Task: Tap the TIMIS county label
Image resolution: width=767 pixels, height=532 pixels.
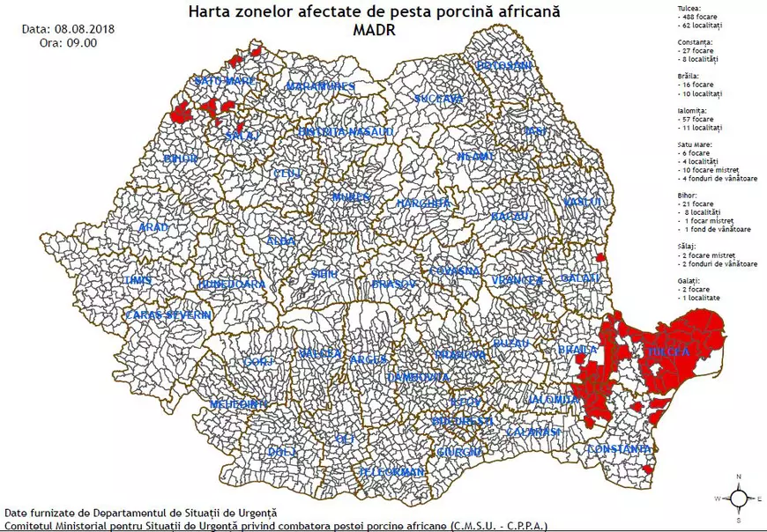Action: [x=138, y=280]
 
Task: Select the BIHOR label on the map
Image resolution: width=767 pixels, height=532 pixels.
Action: [x=181, y=159]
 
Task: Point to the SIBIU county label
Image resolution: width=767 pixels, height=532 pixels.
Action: [x=324, y=275]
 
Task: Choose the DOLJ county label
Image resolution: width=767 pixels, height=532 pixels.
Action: [x=282, y=453]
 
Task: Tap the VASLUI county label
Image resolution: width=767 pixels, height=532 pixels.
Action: [x=582, y=203]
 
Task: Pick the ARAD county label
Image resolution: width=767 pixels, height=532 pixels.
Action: [x=153, y=227]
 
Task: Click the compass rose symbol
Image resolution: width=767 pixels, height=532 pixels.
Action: [x=740, y=498]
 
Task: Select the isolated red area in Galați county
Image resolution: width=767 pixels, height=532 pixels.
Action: [x=600, y=258]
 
